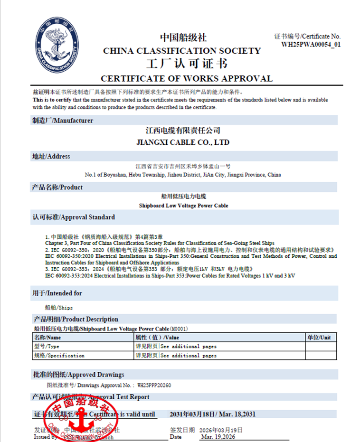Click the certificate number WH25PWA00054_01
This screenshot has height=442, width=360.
tap(311, 45)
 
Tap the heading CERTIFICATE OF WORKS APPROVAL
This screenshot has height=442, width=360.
tap(187, 79)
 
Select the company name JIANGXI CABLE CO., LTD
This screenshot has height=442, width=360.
tap(183, 142)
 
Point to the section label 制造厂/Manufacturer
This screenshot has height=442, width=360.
tap(62, 121)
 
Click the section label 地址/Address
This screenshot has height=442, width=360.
tap(51, 156)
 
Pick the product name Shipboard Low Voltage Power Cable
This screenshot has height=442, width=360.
tap(183, 206)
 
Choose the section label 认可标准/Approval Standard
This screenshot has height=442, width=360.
tap(74, 217)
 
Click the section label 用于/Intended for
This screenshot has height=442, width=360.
tap(57, 293)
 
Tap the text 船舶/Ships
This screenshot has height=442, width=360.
tap(58, 308)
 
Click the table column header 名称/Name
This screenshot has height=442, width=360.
tap(47, 337)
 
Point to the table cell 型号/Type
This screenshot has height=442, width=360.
tap(47, 346)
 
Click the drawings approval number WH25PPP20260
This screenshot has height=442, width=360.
tap(154, 386)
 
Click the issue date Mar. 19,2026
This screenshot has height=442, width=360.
tap(218, 437)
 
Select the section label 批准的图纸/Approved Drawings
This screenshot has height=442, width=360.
tap(78, 375)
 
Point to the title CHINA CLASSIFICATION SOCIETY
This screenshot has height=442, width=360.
tap(182, 51)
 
